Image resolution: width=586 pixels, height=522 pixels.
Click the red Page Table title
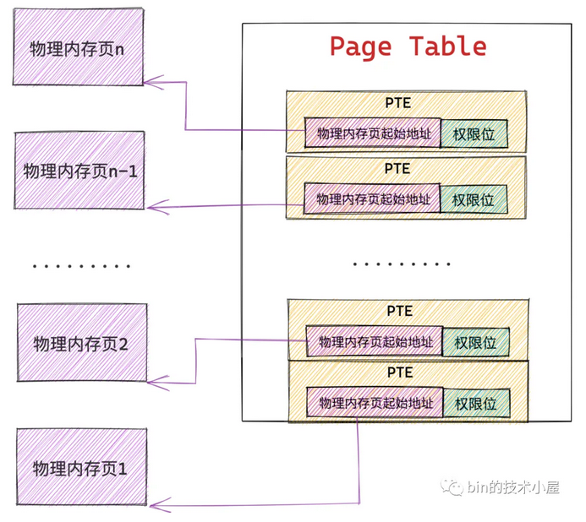click(x=408, y=46)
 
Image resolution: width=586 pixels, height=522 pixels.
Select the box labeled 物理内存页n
click(x=79, y=49)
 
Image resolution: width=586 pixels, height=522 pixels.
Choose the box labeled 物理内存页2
click(x=81, y=344)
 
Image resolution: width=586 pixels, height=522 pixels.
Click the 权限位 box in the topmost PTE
click(x=474, y=133)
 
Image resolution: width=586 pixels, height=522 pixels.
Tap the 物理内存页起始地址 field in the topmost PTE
click(x=373, y=133)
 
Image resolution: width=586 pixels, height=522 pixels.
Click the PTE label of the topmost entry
click(x=397, y=101)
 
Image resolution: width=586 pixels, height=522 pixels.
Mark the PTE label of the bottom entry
click(x=400, y=372)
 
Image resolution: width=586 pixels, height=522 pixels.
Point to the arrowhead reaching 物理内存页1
click(x=153, y=506)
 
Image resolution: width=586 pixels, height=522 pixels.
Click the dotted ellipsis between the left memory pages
click(x=81, y=266)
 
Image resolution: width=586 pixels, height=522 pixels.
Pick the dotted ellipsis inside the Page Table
click(x=401, y=264)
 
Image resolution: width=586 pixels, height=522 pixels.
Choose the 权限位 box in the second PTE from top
click(x=474, y=200)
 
